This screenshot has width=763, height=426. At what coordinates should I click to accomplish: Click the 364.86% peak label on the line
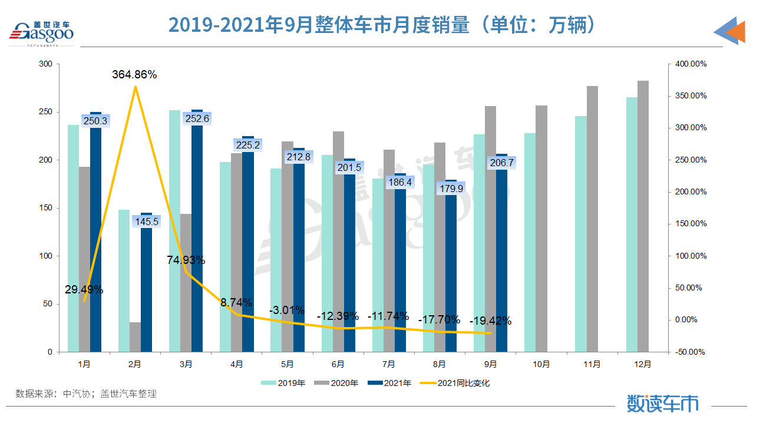click(134, 75)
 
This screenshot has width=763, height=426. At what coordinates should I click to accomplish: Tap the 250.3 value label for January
click(95, 121)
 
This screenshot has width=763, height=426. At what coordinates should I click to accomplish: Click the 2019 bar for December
click(632, 224)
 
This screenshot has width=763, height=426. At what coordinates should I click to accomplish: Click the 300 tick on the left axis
click(46, 64)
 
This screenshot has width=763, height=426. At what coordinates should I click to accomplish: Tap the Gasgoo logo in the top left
click(41, 33)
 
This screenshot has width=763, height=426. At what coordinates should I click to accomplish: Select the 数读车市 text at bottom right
click(663, 404)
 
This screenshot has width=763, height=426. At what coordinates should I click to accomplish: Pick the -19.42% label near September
click(490, 321)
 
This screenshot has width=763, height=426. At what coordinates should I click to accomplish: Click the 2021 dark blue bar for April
click(248, 244)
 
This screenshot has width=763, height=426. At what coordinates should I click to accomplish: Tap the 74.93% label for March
click(185, 260)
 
